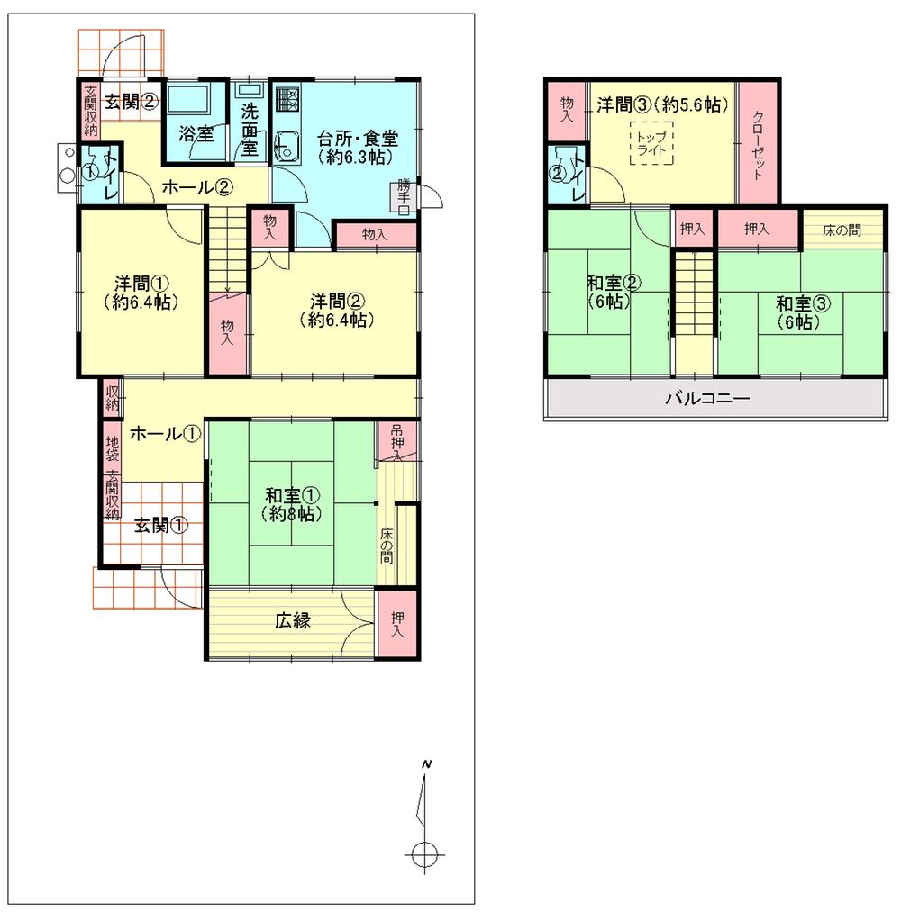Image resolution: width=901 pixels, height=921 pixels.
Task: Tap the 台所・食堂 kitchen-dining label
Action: click(x=358, y=147)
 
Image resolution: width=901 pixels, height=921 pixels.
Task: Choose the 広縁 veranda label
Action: click(x=293, y=620)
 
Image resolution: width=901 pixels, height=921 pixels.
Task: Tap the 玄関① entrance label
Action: click(x=162, y=526)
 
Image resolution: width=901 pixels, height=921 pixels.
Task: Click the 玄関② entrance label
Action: click(x=131, y=101)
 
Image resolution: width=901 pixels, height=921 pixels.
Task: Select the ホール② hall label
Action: click(x=198, y=187)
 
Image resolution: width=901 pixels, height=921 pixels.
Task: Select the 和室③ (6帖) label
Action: click(x=797, y=312)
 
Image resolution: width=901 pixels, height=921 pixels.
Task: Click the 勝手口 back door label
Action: click(x=405, y=197)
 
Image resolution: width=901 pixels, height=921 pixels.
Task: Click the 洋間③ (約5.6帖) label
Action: click(x=661, y=104)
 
